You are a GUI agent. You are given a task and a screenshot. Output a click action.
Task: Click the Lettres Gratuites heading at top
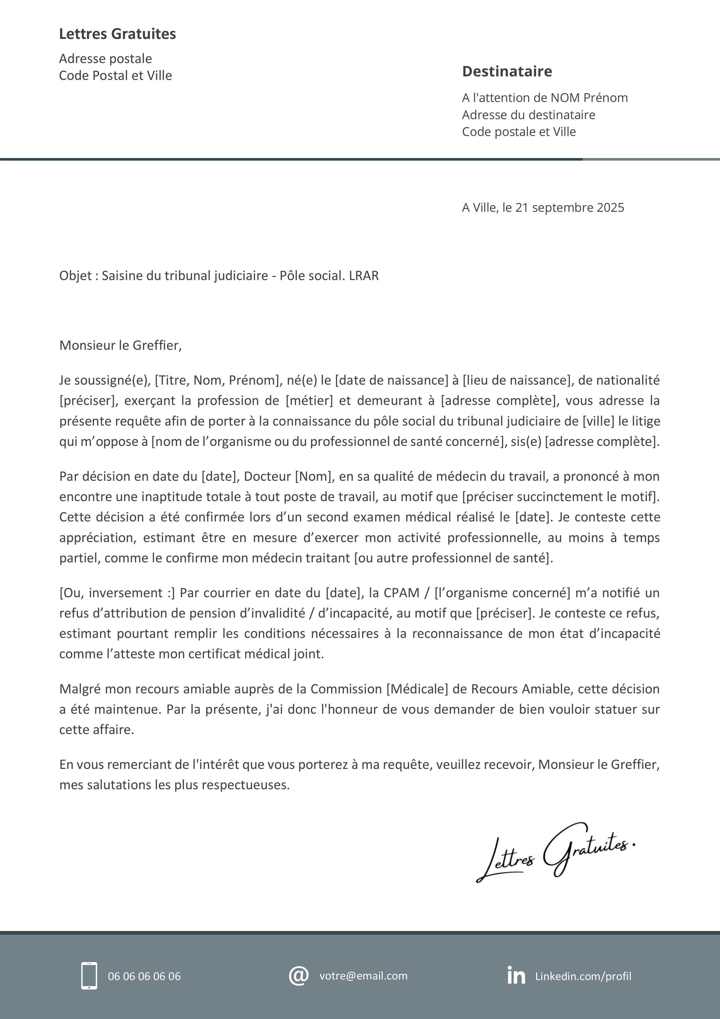coord(118,34)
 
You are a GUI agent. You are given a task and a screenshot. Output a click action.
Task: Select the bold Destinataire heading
coord(507,71)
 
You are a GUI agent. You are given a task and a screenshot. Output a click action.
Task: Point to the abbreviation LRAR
coord(364,276)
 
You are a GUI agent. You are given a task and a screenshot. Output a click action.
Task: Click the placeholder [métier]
coord(309,401)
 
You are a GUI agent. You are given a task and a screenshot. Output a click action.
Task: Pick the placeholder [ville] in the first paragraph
coord(598,421)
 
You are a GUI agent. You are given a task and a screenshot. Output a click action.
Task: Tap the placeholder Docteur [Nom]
coord(289,476)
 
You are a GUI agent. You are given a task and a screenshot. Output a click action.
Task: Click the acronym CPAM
coord(401,593)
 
